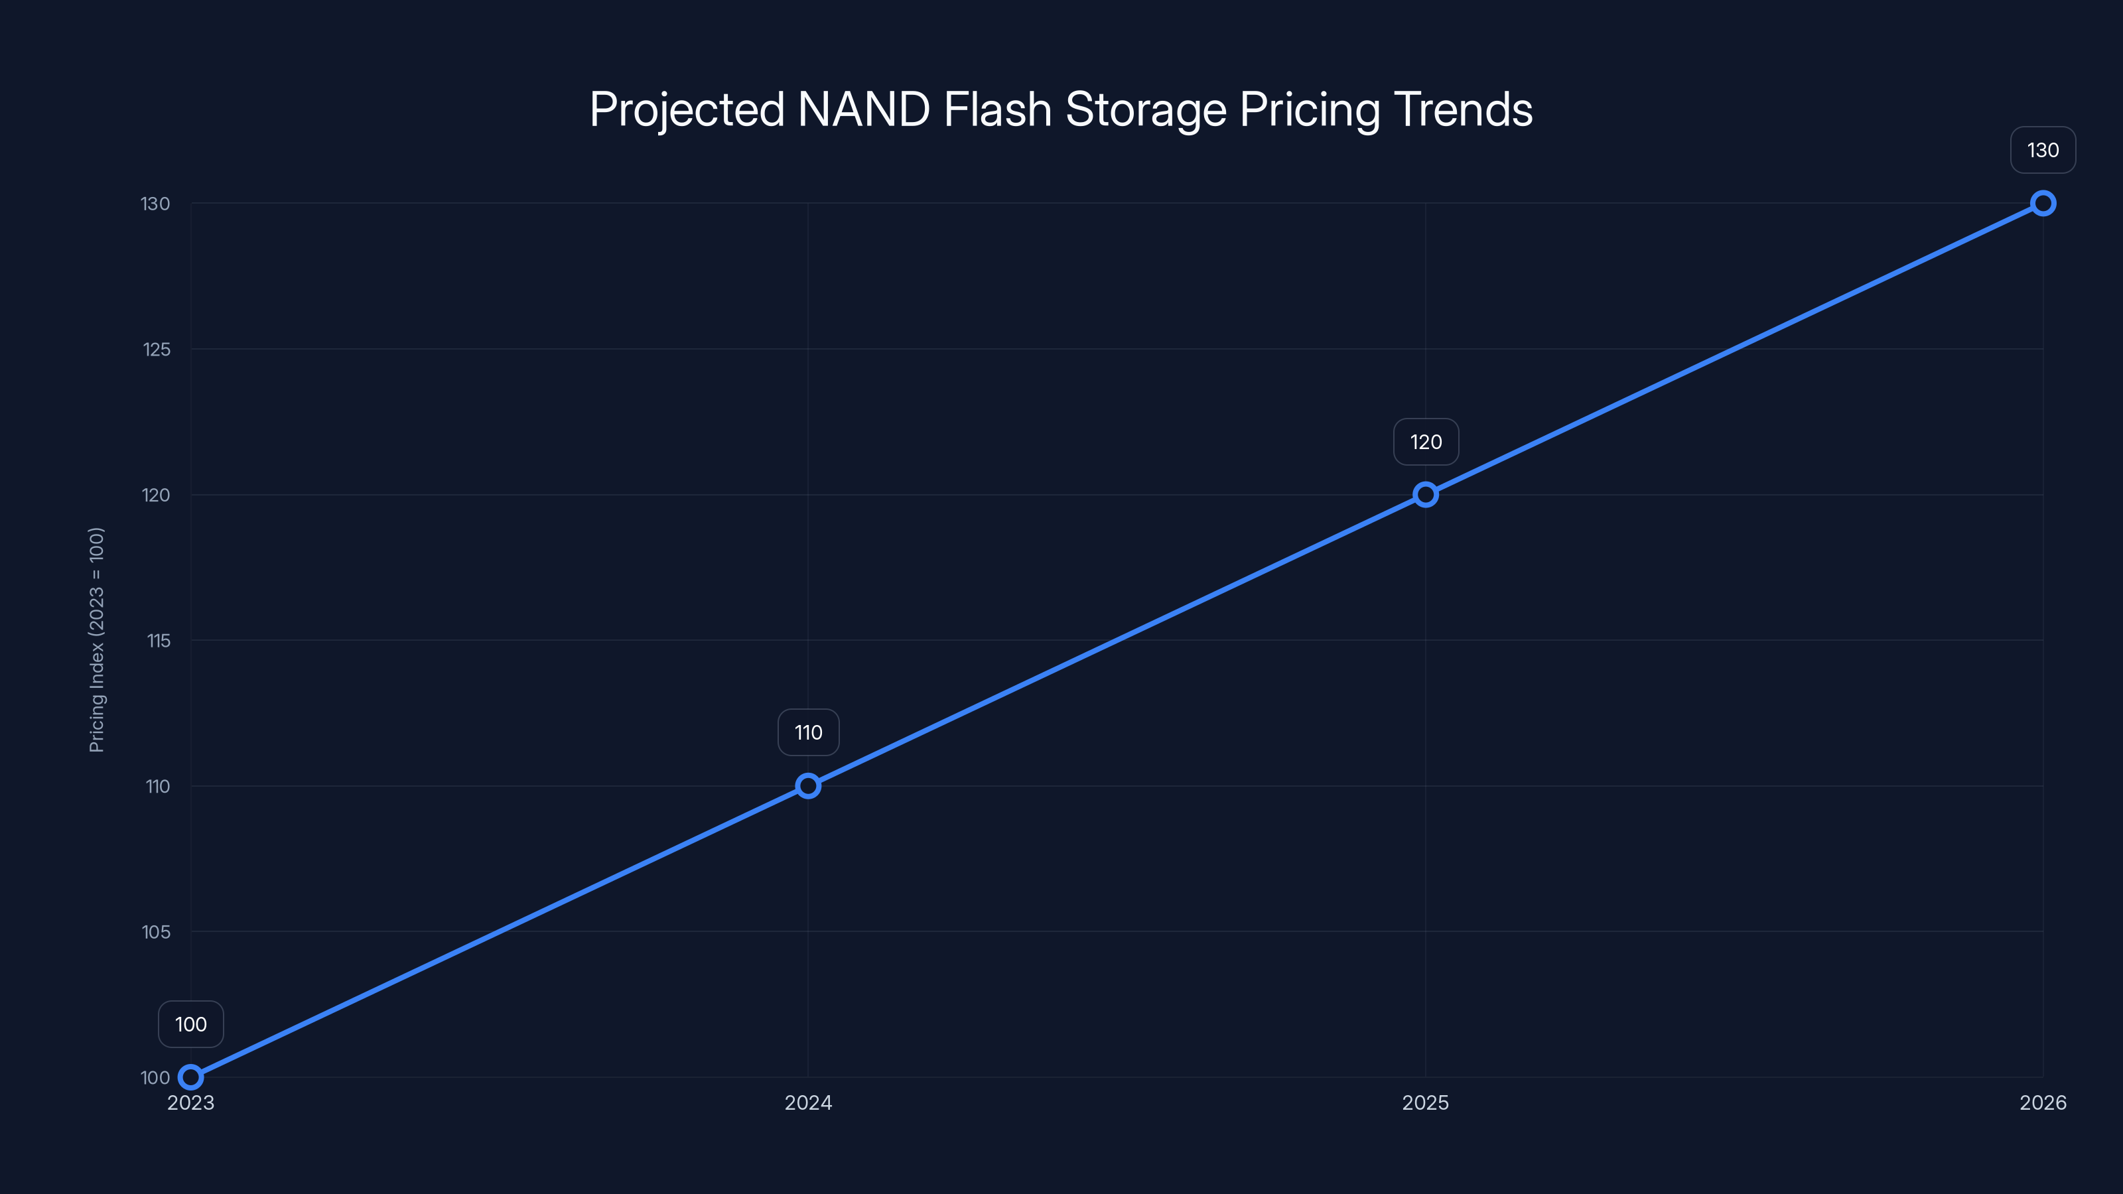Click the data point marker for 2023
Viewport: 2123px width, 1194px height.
[x=190, y=1077]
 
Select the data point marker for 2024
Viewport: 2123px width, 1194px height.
[x=807, y=786]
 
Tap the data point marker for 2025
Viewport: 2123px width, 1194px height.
[x=1426, y=494]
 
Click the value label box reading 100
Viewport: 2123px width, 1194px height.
[x=190, y=1024]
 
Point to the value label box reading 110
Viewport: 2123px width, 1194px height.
[x=807, y=732]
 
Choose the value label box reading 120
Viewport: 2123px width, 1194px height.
[x=1426, y=442]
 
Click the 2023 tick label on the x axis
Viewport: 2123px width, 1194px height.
[x=190, y=1102]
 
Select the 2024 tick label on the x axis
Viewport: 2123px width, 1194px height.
[x=807, y=1102]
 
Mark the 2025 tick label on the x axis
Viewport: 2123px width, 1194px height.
[x=1426, y=1102]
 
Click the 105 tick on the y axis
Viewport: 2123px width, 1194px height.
[x=156, y=932]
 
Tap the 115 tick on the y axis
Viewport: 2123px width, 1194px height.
[x=159, y=640]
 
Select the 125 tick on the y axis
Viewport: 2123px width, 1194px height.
[x=157, y=350]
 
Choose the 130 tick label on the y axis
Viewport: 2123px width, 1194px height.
[x=155, y=204]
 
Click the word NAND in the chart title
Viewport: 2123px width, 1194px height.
[x=864, y=109]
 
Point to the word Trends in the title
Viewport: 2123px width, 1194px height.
[x=1463, y=109]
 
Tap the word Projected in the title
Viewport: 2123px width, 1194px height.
[x=687, y=109]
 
